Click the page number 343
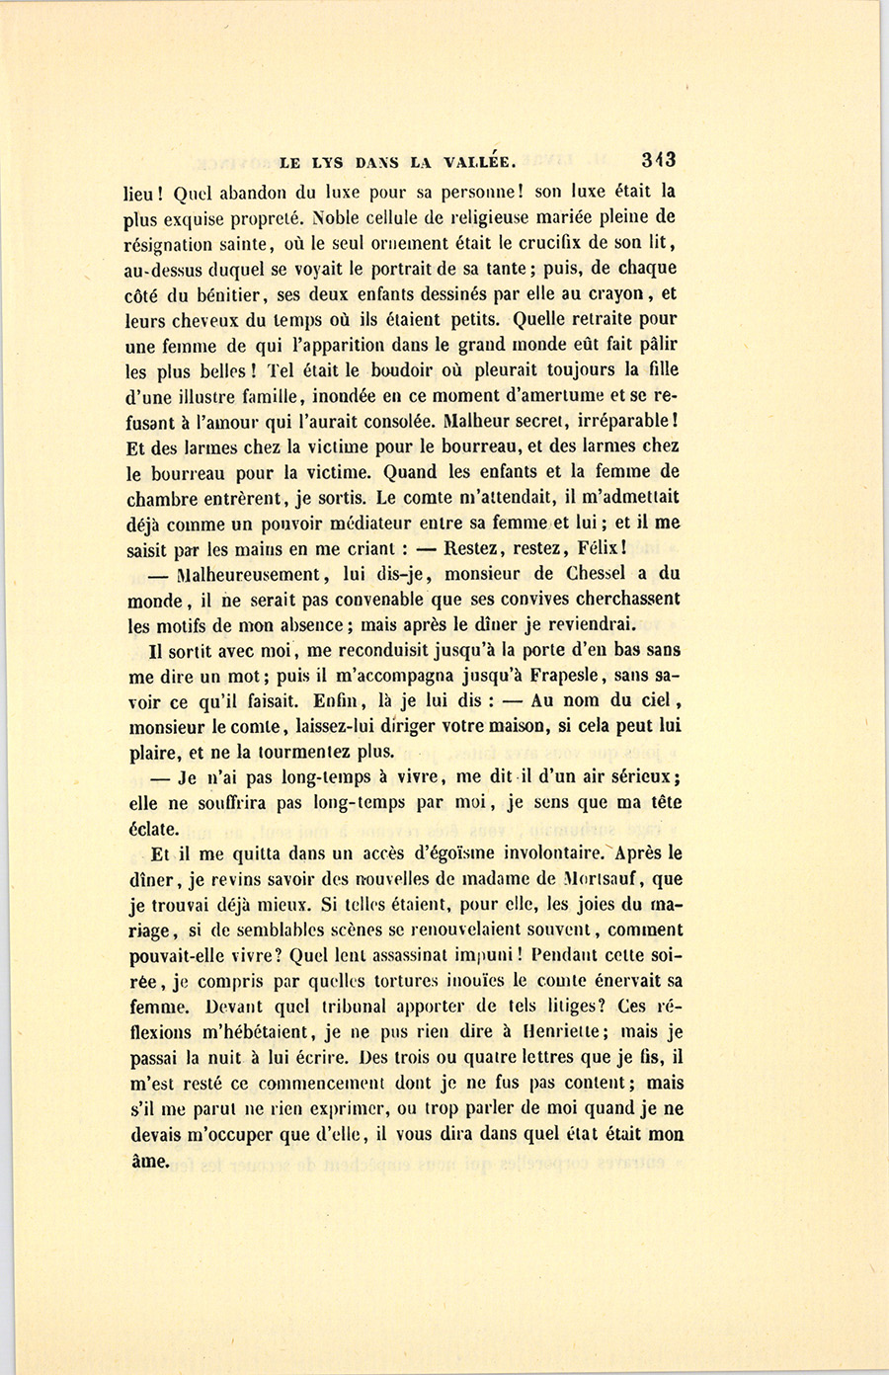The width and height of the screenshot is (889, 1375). (x=657, y=159)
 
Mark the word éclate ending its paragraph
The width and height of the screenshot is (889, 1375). (x=153, y=829)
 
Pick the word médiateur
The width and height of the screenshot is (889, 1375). (x=376, y=522)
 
